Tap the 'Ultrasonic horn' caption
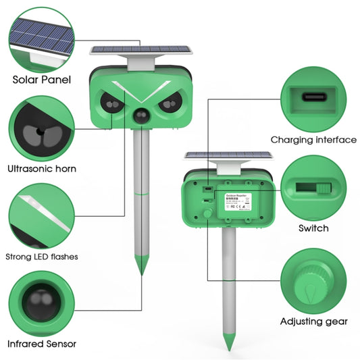42,169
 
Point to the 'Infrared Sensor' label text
42,344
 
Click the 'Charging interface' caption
313,140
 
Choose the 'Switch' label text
313,228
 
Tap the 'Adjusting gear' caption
313,321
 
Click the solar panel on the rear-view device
229,155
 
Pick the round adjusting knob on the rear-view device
205,214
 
